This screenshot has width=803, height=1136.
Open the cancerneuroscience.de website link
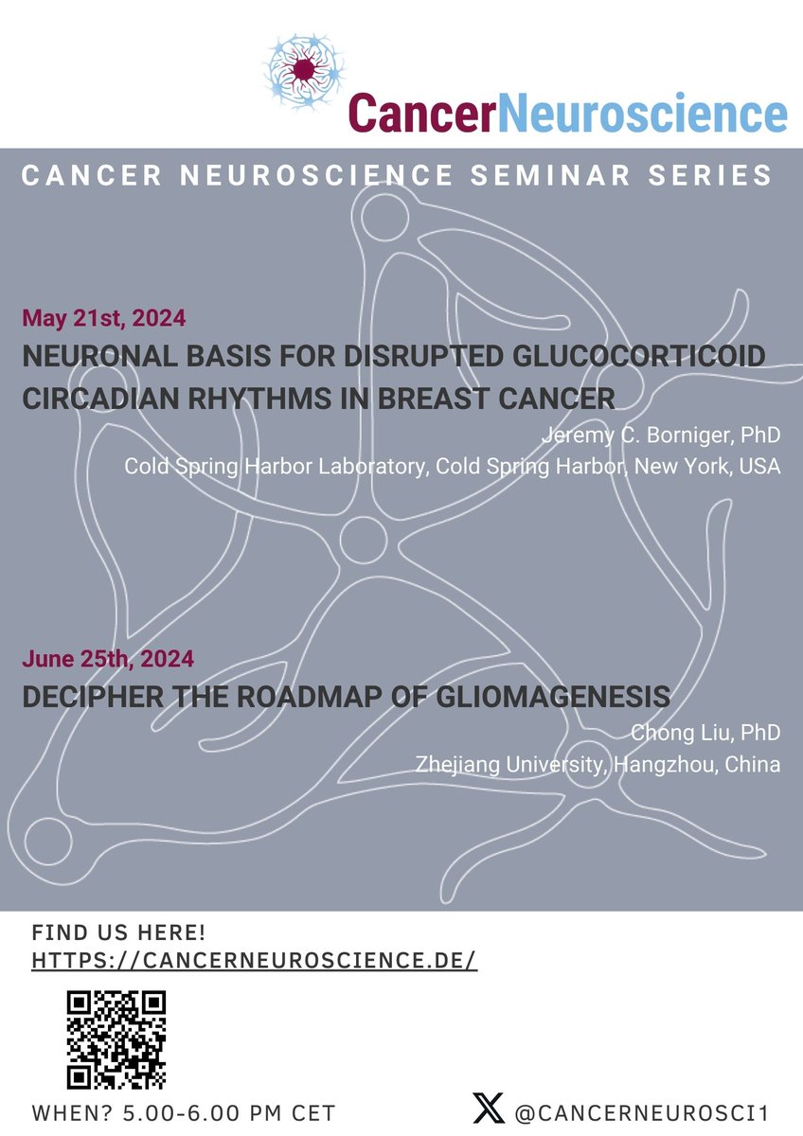[x=254, y=960]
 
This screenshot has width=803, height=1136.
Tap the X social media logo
[x=488, y=1109]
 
